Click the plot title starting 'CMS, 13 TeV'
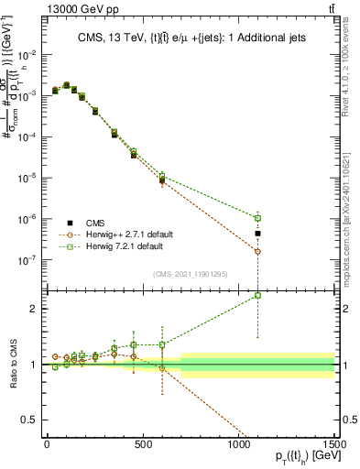[x=190, y=38]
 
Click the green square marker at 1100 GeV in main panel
[x=257, y=218]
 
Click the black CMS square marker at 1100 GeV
[x=257, y=234]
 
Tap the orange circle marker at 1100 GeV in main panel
[x=257, y=251]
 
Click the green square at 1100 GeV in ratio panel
[x=257, y=295]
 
